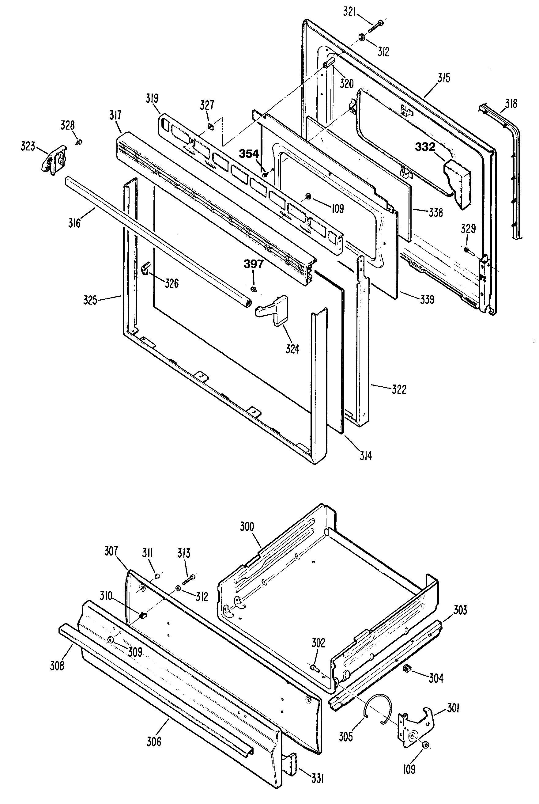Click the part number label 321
pyautogui.click(x=349, y=12)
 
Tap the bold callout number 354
pyautogui.click(x=249, y=154)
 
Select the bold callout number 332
pyautogui.click(x=425, y=147)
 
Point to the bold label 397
pyautogui.click(x=253, y=264)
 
